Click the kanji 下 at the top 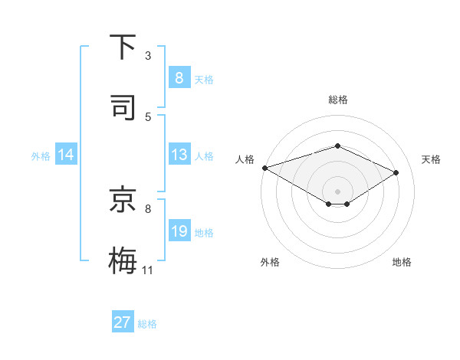123,47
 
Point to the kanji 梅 123,259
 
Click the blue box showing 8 179,77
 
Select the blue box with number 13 179,155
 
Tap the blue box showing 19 179,231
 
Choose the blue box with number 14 66,155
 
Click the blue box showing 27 123,322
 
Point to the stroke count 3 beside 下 148,56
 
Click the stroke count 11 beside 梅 148,270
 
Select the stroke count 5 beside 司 148,116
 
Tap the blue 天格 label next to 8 204,79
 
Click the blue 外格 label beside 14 41,155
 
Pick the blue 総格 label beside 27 147,323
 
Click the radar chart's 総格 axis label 337,100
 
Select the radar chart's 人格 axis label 245,159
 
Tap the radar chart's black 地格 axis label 402,262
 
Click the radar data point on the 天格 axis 396,173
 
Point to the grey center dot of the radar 337,191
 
